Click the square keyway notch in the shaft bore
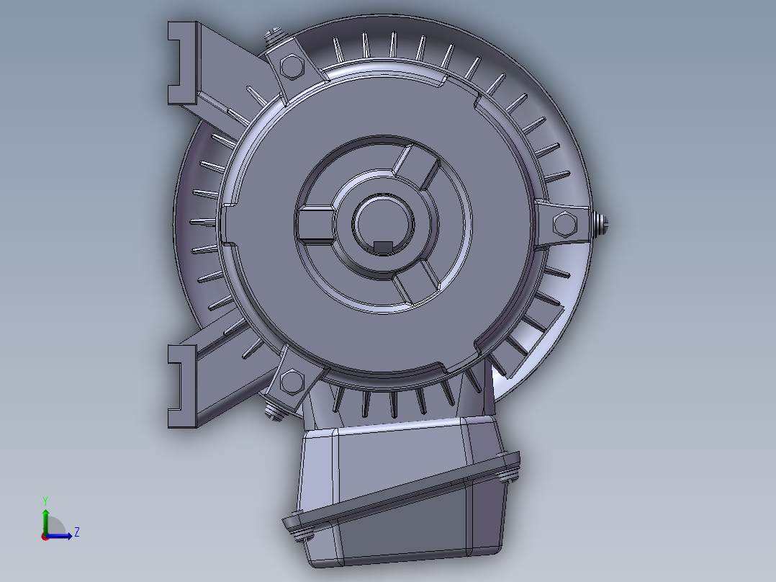coord(382,247)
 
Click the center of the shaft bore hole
coord(382,223)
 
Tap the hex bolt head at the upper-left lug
coord(292,66)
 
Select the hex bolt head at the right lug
coord(564,224)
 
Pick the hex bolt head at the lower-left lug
coord(292,382)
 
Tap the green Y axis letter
coord(45,501)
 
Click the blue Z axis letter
coord(77,532)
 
